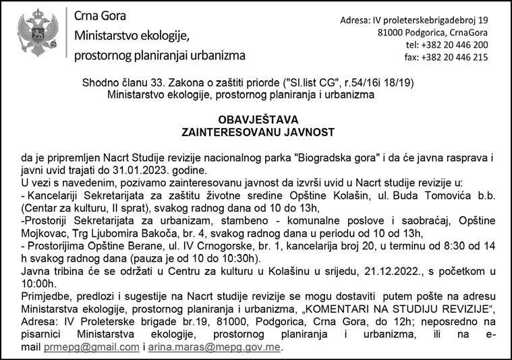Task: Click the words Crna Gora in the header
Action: pos(100,16)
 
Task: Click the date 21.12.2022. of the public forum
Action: pos(383,271)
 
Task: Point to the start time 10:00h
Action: pos(38,283)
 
